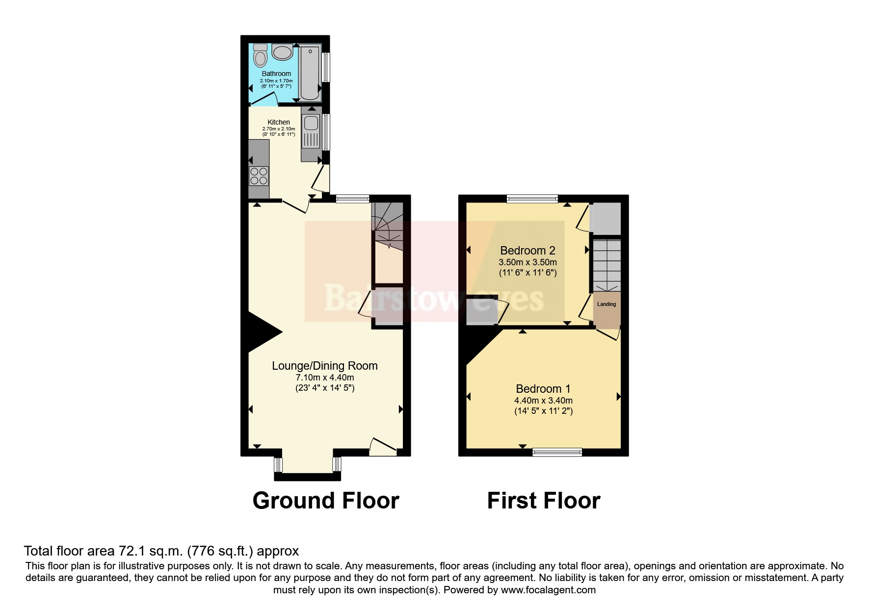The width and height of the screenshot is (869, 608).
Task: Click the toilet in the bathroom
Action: coord(261,56)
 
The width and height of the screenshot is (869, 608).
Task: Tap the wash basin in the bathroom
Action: coord(282,52)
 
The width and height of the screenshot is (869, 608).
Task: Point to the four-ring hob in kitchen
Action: coord(259,176)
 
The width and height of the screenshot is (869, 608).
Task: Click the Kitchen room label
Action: coord(279,122)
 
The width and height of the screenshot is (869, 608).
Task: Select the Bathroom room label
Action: coord(276,74)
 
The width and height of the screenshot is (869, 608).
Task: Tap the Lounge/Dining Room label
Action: coord(325,366)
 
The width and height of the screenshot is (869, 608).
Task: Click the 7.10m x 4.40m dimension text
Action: coord(325,378)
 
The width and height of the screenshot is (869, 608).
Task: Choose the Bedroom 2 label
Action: coord(527,251)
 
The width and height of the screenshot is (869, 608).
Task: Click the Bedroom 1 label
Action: coord(543,389)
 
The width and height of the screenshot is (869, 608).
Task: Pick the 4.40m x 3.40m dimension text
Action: coord(543,401)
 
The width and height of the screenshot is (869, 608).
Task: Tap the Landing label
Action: coord(606,304)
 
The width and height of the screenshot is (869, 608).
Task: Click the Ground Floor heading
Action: coord(326,501)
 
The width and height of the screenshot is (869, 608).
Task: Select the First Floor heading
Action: coord(544,501)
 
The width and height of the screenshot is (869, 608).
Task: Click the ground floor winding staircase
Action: coord(387,226)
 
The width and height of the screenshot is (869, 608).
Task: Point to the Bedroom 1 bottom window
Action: coord(557,452)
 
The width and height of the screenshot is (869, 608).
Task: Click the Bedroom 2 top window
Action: coord(532,199)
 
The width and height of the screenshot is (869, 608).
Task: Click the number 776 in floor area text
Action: coord(200,551)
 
